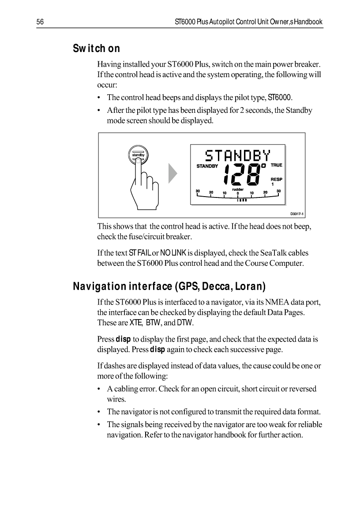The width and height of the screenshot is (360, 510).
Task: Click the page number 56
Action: [39, 22]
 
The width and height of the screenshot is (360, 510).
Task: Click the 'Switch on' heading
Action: [96, 48]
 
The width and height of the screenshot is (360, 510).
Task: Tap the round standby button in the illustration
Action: [139, 155]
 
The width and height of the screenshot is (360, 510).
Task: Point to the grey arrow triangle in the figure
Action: [172, 174]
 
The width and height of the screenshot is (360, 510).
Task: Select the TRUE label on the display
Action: [276, 165]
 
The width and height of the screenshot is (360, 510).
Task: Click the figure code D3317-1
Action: [296, 214]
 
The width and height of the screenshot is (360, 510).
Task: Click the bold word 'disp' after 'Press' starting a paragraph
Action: [122, 340]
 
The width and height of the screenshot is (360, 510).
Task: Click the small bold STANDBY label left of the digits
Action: [207, 166]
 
